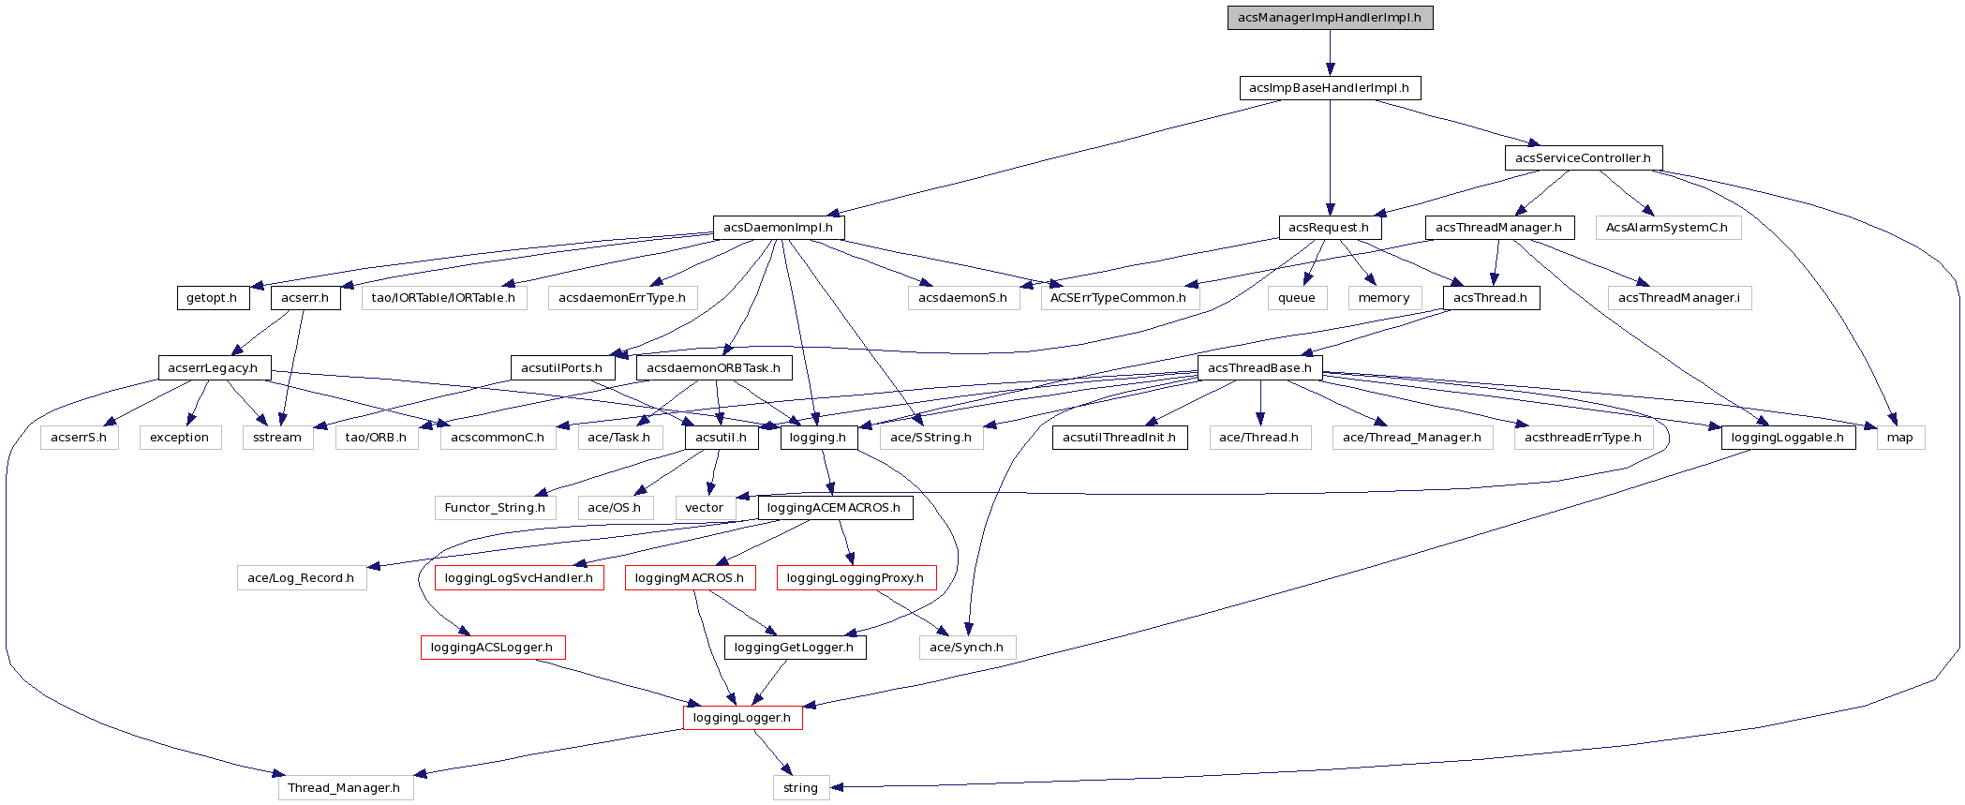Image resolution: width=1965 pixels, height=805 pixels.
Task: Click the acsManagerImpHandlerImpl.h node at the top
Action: (1330, 18)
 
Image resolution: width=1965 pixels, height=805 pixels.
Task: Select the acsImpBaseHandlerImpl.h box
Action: (1329, 88)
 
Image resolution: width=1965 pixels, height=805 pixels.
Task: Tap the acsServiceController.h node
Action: (1583, 157)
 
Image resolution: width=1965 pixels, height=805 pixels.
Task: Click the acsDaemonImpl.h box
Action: (778, 228)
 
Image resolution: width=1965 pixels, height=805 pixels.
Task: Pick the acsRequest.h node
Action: (1328, 228)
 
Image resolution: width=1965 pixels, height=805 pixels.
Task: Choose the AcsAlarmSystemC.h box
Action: (1666, 228)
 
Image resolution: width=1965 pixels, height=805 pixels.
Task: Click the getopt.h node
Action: (212, 298)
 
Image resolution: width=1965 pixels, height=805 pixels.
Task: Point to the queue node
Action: (1296, 298)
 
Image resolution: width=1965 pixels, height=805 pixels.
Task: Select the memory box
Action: (1383, 298)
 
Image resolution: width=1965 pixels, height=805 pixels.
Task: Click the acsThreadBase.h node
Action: (1259, 367)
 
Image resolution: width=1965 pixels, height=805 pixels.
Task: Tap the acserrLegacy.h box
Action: (213, 367)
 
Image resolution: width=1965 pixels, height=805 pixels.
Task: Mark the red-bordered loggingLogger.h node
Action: (741, 718)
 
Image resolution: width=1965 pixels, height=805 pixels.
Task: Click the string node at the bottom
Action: (800, 788)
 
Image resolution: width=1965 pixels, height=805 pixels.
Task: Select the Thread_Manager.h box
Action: (344, 788)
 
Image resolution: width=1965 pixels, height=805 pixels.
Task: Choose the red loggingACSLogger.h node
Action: (492, 648)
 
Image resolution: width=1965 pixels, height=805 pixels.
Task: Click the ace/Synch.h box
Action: (966, 648)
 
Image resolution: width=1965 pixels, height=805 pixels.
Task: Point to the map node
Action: (1899, 438)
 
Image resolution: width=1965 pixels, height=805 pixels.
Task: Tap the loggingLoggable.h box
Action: (1787, 438)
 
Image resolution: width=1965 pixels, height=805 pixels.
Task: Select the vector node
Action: (704, 508)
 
